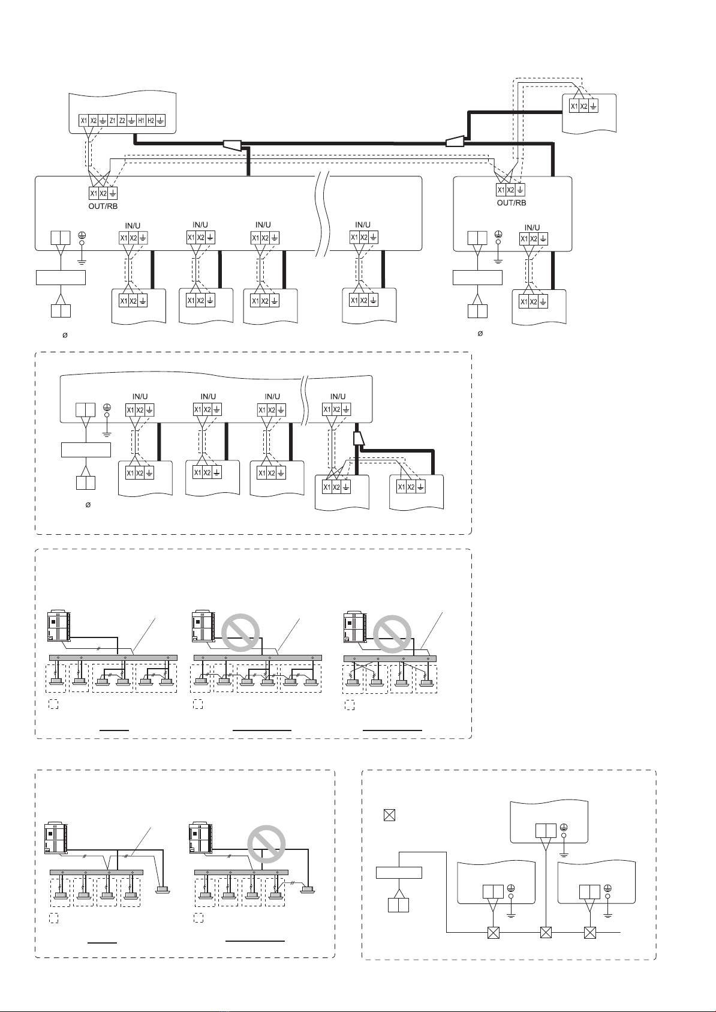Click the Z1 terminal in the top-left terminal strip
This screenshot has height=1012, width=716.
(x=112, y=121)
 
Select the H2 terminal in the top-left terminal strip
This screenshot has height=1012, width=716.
(x=151, y=121)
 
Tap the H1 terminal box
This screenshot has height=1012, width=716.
(x=142, y=121)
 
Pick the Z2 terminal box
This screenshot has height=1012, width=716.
(x=122, y=121)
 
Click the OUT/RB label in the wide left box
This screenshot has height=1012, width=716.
(x=103, y=206)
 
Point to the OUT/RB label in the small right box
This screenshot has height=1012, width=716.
(x=512, y=203)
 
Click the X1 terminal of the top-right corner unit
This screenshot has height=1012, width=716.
(x=574, y=107)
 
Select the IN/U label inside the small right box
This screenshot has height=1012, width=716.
(x=532, y=227)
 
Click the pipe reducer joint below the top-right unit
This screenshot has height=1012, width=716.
(x=455, y=142)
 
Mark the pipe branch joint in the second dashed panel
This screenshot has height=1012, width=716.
(x=359, y=438)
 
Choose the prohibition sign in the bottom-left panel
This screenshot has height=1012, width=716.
(x=266, y=844)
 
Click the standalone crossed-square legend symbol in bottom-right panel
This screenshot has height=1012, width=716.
(x=389, y=815)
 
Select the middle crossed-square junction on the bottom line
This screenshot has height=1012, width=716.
(x=546, y=932)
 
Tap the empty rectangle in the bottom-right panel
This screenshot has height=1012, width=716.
(x=399, y=872)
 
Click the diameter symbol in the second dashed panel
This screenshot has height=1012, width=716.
(x=88, y=505)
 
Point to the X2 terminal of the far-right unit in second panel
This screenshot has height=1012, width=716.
(x=411, y=487)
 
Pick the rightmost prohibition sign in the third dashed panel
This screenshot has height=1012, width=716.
(x=392, y=634)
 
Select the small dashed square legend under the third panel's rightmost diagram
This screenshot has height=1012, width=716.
(x=350, y=705)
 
